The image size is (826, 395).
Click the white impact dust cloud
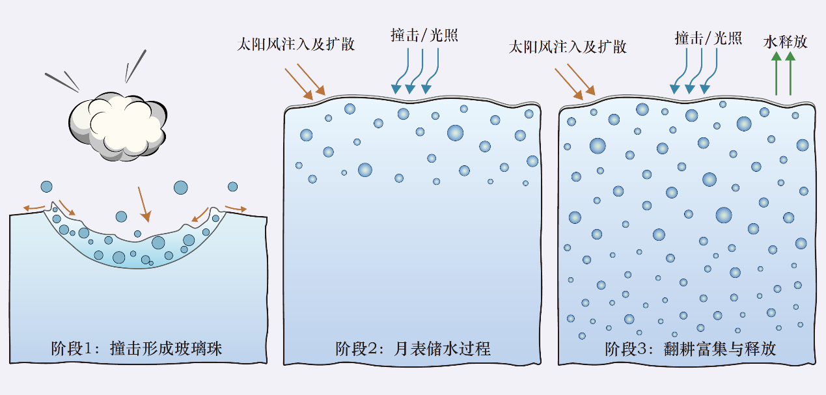click(117, 127)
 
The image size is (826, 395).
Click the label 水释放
click(785, 42)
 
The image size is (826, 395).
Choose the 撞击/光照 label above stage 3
click(708, 38)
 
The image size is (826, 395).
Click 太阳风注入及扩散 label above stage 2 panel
click(296, 45)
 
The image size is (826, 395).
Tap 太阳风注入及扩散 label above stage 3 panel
click(567, 47)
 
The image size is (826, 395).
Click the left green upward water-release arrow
click(776, 75)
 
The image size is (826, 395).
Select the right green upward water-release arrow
click(790, 75)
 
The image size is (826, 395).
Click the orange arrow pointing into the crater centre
click(145, 203)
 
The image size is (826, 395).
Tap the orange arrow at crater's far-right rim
click(236, 208)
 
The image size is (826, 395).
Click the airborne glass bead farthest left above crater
click(46, 187)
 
